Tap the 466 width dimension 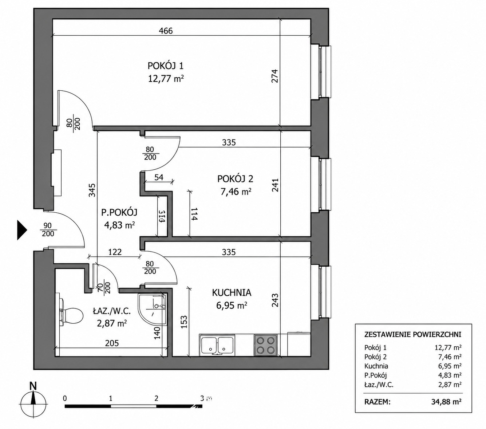[x=166, y=31]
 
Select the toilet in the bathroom [x=71, y=315]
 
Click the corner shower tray [x=152, y=310]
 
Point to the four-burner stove [x=265, y=345]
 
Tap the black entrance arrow [x=22, y=230]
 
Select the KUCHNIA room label [x=232, y=293]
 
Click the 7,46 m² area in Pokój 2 [x=236, y=192]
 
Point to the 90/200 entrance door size [x=48, y=230]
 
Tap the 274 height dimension [x=274, y=76]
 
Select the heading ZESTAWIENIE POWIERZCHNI [x=413, y=334]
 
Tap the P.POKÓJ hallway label [x=119, y=212]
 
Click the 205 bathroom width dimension [x=112, y=343]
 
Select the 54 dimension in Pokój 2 [x=159, y=177]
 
